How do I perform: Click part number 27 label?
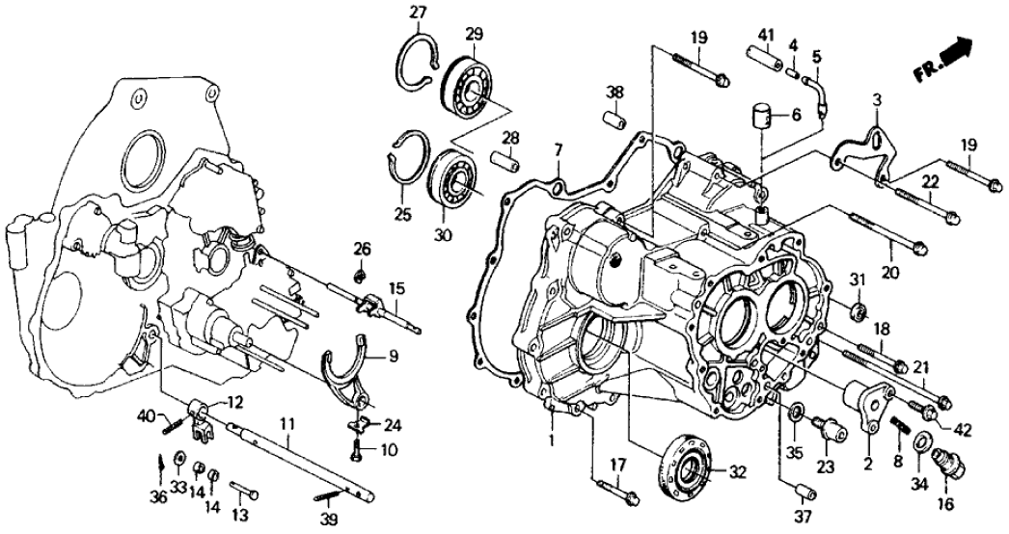[417, 13]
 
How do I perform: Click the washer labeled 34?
[921, 444]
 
